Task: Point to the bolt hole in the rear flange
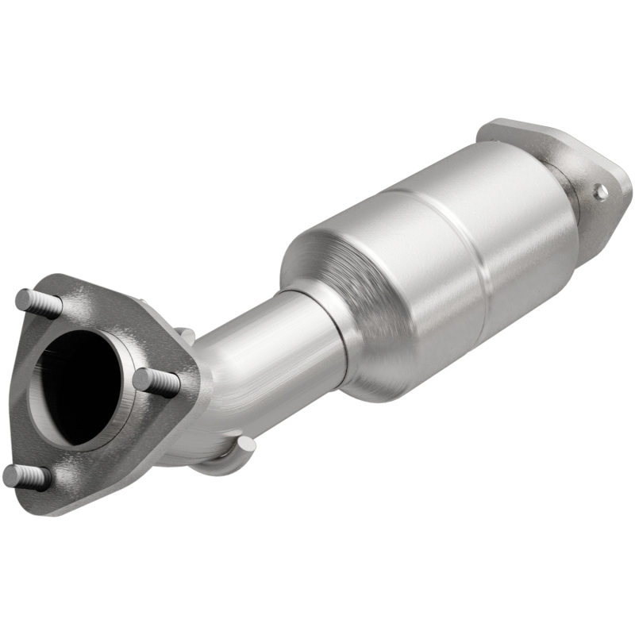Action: tap(601, 191)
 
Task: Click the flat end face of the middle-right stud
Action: tap(140, 379)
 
